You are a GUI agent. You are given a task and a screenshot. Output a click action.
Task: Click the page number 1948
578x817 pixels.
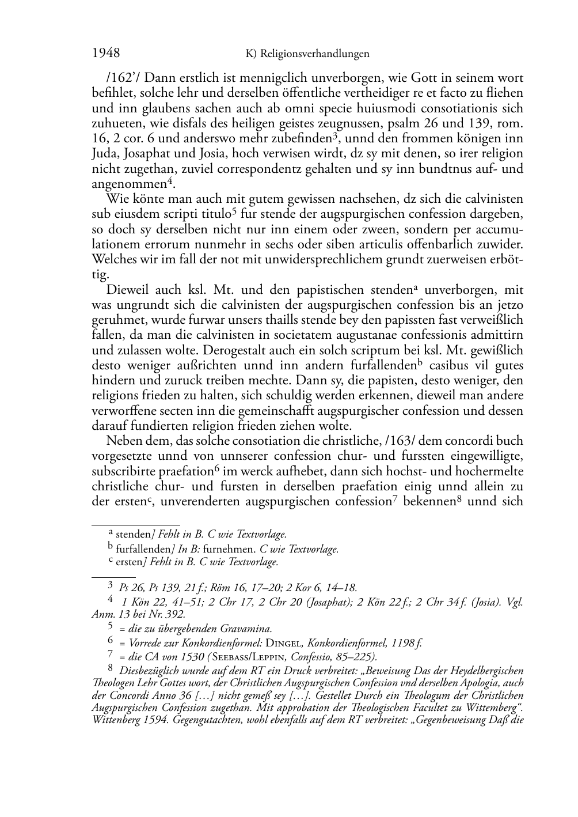(106, 54)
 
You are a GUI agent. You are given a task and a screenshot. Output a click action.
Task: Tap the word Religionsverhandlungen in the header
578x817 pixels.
(314, 54)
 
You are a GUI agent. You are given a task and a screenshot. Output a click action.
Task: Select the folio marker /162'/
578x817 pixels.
(109, 78)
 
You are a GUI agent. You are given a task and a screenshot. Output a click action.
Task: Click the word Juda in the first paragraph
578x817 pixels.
(104, 154)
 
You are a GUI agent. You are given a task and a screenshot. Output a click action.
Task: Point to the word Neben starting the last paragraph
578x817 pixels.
(121, 441)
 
